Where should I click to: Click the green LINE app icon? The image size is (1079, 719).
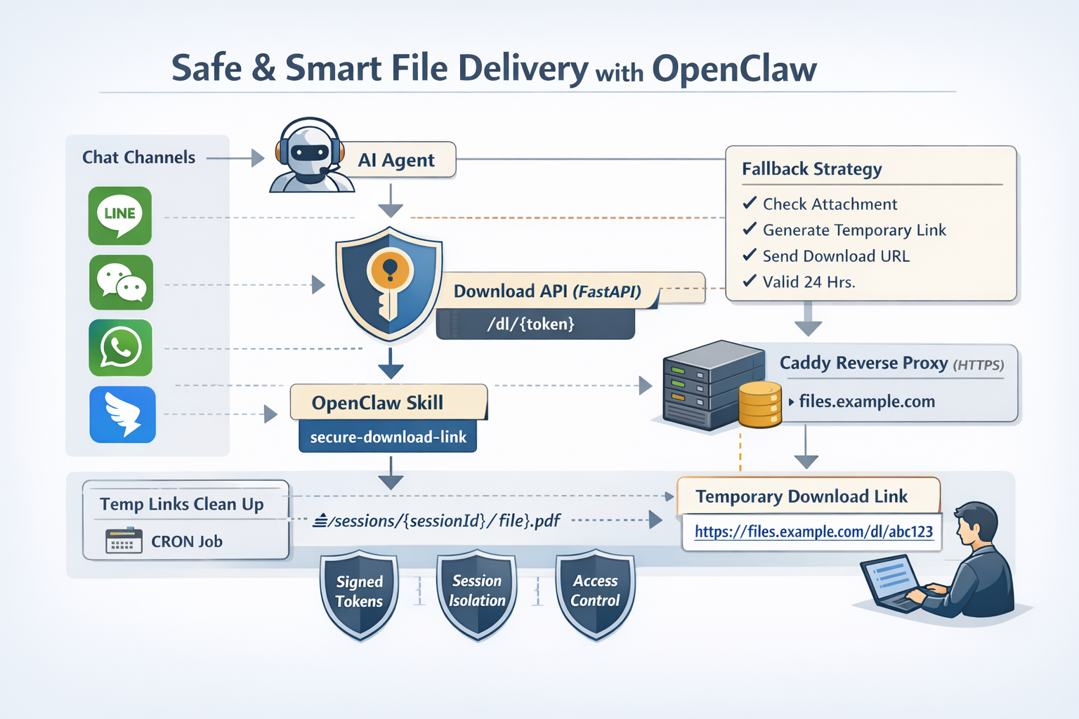[x=120, y=215]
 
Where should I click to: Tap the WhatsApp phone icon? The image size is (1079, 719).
[x=121, y=348]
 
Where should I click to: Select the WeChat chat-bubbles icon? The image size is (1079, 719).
[x=121, y=282]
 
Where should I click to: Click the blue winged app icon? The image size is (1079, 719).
[x=123, y=414]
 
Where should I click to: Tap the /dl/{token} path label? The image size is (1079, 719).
[x=531, y=324]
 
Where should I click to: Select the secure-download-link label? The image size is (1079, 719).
[x=388, y=437]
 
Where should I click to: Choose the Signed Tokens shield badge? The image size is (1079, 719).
[x=359, y=594]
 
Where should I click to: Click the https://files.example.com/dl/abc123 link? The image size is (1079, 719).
[x=813, y=532]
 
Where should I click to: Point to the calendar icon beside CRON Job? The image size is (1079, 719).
[x=124, y=541]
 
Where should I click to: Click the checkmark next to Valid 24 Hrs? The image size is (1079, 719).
[x=750, y=282]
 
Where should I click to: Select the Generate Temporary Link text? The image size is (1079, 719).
[x=854, y=230]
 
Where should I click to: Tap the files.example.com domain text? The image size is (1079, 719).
[x=867, y=402]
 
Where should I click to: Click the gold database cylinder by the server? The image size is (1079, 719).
[x=759, y=404]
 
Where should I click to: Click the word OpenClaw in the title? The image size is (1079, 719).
[x=734, y=69]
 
